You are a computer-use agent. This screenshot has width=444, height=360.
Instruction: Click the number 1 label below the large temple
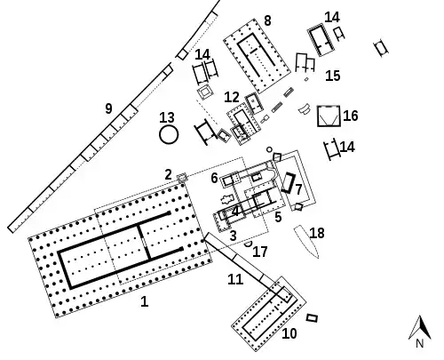click(144, 301)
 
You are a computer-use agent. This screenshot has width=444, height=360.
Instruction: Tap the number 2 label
click(168, 174)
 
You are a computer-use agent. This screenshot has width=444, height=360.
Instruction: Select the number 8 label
click(267, 20)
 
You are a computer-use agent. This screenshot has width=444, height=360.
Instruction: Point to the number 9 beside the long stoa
click(109, 108)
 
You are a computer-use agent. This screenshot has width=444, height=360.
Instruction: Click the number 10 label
click(289, 333)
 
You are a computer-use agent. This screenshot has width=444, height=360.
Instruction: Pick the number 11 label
click(235, 279)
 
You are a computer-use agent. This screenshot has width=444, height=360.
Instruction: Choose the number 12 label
click(232, 97)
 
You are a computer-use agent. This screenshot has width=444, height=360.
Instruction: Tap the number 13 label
click(167, 117)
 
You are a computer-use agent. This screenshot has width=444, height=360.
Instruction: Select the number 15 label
click(333, 76)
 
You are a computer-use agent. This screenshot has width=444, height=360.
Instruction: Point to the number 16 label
click(351, 116)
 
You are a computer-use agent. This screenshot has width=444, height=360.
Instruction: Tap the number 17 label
click(260, 252)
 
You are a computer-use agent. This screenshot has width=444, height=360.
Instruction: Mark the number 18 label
click(317, 233)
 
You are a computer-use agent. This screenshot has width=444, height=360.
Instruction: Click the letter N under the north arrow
click(420, 343)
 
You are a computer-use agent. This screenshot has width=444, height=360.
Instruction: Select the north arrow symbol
click(420, 327)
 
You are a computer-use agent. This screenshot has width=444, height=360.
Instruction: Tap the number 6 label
click(214, 178)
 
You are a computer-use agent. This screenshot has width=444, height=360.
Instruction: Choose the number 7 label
click(298, 189)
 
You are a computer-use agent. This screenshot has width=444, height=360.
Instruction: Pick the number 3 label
click(234, 236)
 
